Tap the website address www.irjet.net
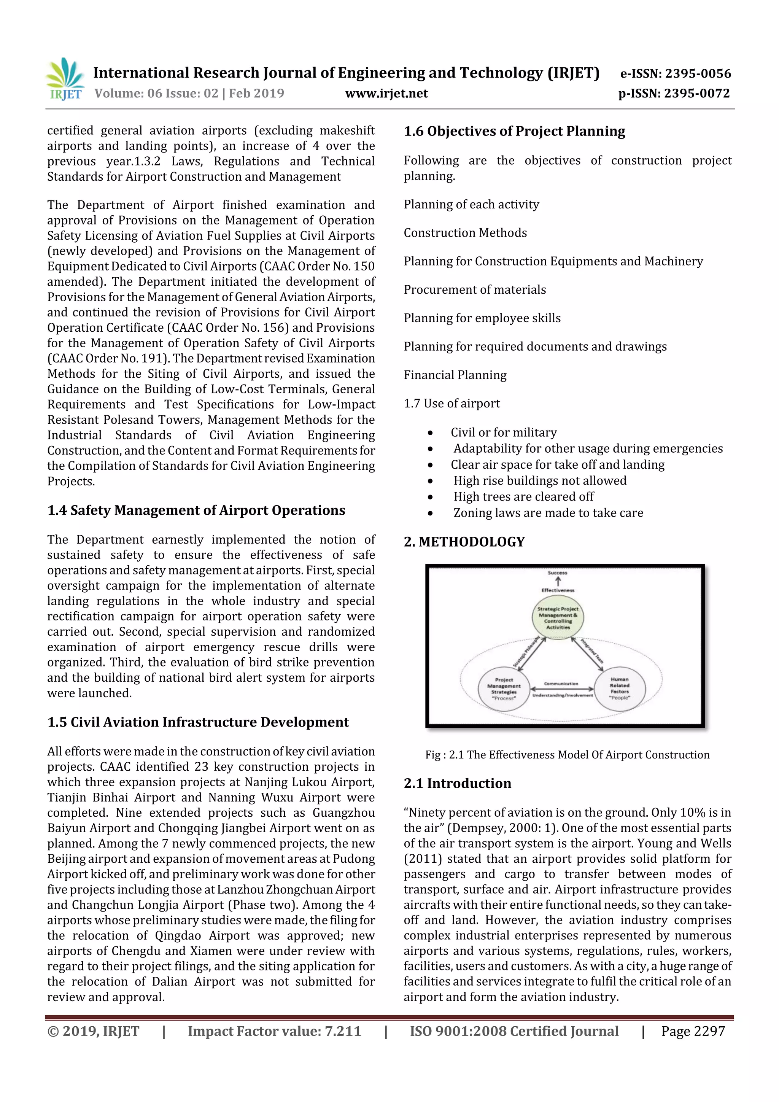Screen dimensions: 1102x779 click(386, 94)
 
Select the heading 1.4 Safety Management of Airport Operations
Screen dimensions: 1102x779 click(196, 510)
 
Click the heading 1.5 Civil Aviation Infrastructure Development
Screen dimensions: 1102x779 click(198, 722)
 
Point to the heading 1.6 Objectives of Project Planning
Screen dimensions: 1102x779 click(514, 131)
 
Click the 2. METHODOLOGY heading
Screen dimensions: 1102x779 click(464, 542)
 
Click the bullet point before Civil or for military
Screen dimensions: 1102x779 click(431, 433)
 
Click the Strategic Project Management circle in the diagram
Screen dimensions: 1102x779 click(558, 618)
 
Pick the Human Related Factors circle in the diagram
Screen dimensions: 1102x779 click(619, 688)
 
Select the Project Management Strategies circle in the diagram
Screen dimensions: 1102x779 click(504, 689)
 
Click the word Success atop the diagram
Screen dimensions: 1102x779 click(557, 572)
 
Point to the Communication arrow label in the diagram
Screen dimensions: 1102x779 click(561, 684)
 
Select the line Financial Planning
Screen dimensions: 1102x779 click(455, 375)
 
